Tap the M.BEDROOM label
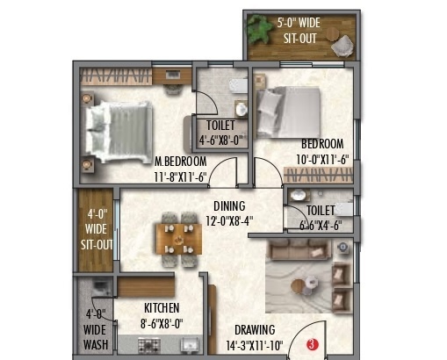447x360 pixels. (x=180, y=162)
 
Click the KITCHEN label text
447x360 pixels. (x=162, y=308)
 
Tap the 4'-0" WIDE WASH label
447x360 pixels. (x=97, y=329)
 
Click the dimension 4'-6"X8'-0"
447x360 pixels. (x=220, y=138)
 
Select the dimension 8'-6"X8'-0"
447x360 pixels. (x=162, y=322)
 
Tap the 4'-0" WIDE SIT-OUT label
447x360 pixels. (x=96, y=229)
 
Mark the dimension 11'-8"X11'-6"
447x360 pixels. (x=180, y=176)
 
